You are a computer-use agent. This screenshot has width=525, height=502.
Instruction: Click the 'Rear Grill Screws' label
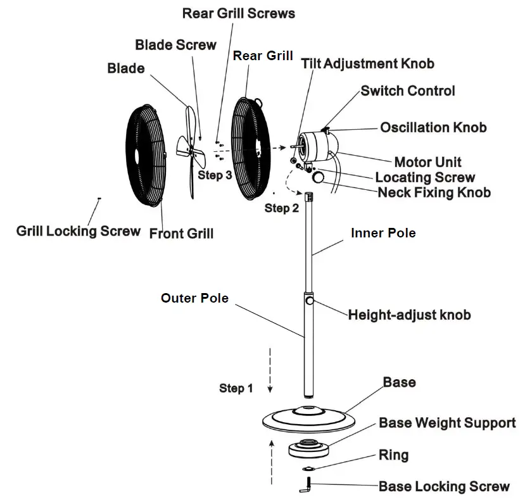click(x=238, y=13)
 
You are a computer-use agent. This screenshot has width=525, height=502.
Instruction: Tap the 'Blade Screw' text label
click(x=175, y=45)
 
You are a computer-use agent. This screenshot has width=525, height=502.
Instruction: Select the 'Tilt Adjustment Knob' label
click(x=367, y=64)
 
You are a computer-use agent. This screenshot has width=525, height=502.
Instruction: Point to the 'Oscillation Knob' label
click(x=433, y=127)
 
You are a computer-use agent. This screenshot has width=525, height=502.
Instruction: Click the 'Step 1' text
click(x=236, y=388)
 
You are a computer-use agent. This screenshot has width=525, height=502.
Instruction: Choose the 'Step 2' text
click(x=281, y=208)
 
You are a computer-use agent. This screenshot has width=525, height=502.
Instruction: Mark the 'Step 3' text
click(x=215, y=175)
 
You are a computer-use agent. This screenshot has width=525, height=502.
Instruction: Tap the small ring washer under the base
click(x=308, y=468)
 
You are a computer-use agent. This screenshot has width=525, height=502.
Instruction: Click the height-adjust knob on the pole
click(x=310, y=303)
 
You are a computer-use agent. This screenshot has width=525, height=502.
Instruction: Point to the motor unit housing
click(x=315, y=146)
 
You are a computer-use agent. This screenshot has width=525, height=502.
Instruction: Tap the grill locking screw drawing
click(x=99, y=199)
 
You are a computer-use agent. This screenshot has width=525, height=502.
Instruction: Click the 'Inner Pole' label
click(x=383, y=233)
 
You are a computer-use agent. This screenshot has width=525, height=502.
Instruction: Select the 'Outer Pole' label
click(x=194, y=298)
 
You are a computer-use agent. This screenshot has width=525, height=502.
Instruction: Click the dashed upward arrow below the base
click(x=272, y=462)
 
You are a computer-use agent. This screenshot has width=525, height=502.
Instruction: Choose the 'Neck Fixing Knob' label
click(x=434, y=192)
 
